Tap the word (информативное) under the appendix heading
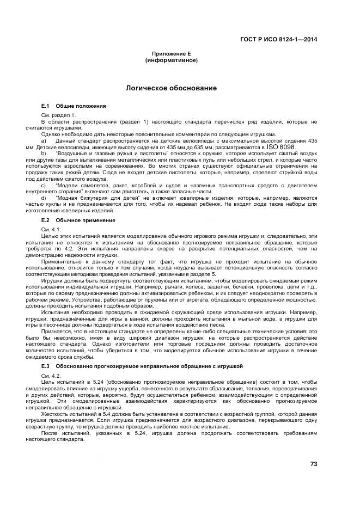pos(171,60)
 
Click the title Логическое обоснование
pos(171,88)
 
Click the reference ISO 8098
pos(281,147)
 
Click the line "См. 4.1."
pos(50,229)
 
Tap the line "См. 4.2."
pos(50,376)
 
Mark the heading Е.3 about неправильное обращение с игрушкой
pos(142,366)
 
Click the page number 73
pos(313,464)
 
